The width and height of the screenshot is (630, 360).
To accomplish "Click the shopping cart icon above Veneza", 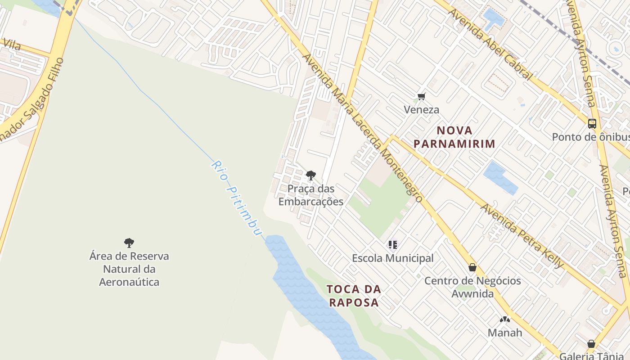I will click(422, 96).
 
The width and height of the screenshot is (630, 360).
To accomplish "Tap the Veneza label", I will click(421, 110).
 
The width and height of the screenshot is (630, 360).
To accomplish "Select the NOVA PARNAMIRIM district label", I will click(454, 137).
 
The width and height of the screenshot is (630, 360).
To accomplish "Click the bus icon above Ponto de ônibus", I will click(592, 123).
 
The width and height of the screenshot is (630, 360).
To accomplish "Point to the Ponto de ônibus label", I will click(590, 137).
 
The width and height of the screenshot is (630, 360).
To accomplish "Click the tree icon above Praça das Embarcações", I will click(310, 175).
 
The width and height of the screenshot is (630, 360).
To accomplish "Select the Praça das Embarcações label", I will click(311, 195).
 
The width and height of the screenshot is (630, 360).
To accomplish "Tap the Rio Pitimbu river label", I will click(236, 198).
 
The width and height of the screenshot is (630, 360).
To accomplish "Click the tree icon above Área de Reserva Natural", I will click(129, 243).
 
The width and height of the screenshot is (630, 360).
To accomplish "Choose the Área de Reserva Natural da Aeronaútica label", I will click(129, 269).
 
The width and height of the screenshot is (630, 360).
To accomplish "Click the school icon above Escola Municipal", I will click(393, 245).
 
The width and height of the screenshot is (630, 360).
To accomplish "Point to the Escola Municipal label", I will click(393, 258).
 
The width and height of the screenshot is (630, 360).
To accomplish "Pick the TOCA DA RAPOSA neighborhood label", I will click(354, 296).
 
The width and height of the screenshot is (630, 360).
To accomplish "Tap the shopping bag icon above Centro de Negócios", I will click(472, 267).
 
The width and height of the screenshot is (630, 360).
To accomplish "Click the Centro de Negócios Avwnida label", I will click(472, 287).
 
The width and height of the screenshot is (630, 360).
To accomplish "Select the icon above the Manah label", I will click(505, 320).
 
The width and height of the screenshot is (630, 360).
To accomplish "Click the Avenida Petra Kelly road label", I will click(522, 236).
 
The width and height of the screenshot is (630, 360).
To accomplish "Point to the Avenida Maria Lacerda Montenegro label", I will click(362, 128).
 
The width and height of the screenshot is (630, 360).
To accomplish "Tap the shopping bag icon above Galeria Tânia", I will click(591, 344).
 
